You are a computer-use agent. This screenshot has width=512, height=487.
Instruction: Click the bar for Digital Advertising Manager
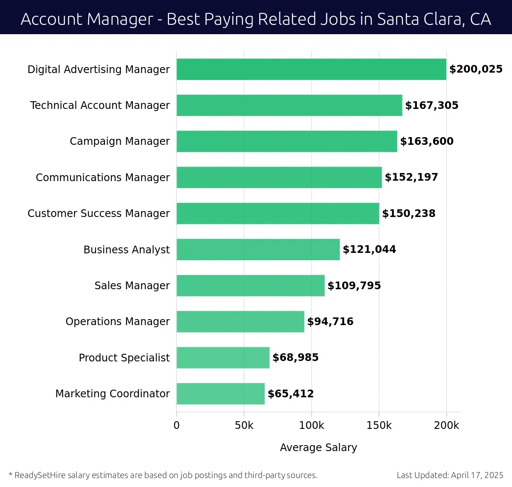pyautogui.click(x=311, y=69)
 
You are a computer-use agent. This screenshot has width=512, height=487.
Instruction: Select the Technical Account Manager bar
pyautogui.click(x=289, y=105)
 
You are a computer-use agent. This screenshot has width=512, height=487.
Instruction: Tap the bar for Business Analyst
pyautogui.click(x=258, y=249)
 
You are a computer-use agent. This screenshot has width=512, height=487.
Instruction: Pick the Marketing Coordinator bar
pyautogui.click(x=221, y=393)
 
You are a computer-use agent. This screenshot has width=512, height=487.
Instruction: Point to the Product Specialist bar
pyautogui.click(x=223, y=358)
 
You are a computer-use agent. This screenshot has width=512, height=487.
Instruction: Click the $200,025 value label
pyautogui.click(x=476, y=69)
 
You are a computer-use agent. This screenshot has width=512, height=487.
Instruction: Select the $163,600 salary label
pyautogui.click(x=427, y=141)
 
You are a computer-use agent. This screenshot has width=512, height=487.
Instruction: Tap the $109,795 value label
pyautogui.click(x=354, y=285)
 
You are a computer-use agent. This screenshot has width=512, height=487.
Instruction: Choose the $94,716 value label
pyautogui.click(x=330, y=322)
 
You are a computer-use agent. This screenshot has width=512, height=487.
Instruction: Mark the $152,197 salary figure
pyautogui.click(x=411, y=177)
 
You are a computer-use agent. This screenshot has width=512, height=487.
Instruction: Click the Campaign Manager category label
pyautogui.click(x=119, y=141)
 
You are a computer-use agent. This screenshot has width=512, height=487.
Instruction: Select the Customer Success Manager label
pyautogui.click(x=99, y=214)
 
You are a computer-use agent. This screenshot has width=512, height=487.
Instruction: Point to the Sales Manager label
pyautogui.click(x=132, y=285)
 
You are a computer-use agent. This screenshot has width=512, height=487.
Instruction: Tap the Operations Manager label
pyautogui.click(x=117, y=322)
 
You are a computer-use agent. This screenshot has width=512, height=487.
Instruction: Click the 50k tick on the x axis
pyautogui.click(x=244, y=425)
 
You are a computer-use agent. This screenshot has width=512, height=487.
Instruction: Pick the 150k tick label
pyautogui.click(x=379, y=425)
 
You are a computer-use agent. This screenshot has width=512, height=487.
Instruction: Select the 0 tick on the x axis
pyautogui.click(x=177, y=425)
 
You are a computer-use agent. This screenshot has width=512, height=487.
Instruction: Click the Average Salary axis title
pyautogui.click(x=318, y=447)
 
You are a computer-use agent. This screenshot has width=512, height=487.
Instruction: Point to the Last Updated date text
pyautogui.click(x=450, y=475)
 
